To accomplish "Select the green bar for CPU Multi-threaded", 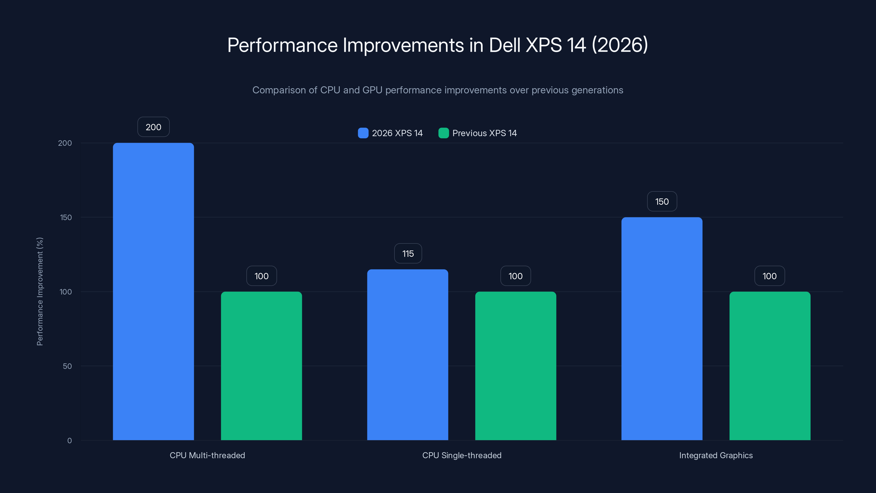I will pos(261,366).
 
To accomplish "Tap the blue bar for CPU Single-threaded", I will pos(407,354).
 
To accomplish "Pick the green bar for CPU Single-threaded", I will pos(515,366).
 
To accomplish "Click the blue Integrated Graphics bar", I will pos(662,329).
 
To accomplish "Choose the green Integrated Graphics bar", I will pos(770,366).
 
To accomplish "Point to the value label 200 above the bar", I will pos(153,127).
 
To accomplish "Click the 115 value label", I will pos(408,253).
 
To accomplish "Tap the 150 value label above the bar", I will pos(662,201).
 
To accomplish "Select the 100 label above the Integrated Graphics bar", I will pos(769,276).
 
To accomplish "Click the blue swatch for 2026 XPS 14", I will pos(363,133).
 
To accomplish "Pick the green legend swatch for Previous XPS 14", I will pos(443,133).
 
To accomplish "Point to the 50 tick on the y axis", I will pos(67,366).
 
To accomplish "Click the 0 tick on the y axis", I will pos(69,441).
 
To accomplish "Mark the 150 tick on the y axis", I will pos(66,217).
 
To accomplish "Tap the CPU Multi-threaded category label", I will pos(207,455).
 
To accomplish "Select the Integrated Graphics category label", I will pos(716,455).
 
